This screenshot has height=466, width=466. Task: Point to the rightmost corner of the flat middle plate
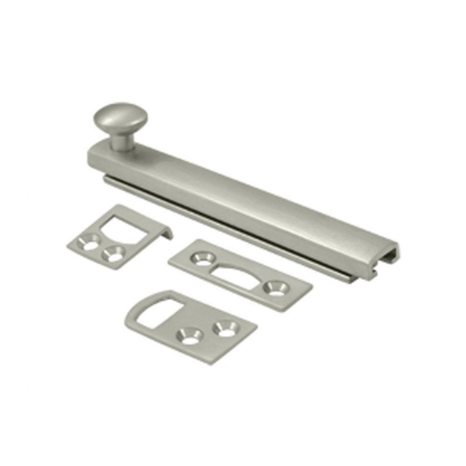coord(311,286)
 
